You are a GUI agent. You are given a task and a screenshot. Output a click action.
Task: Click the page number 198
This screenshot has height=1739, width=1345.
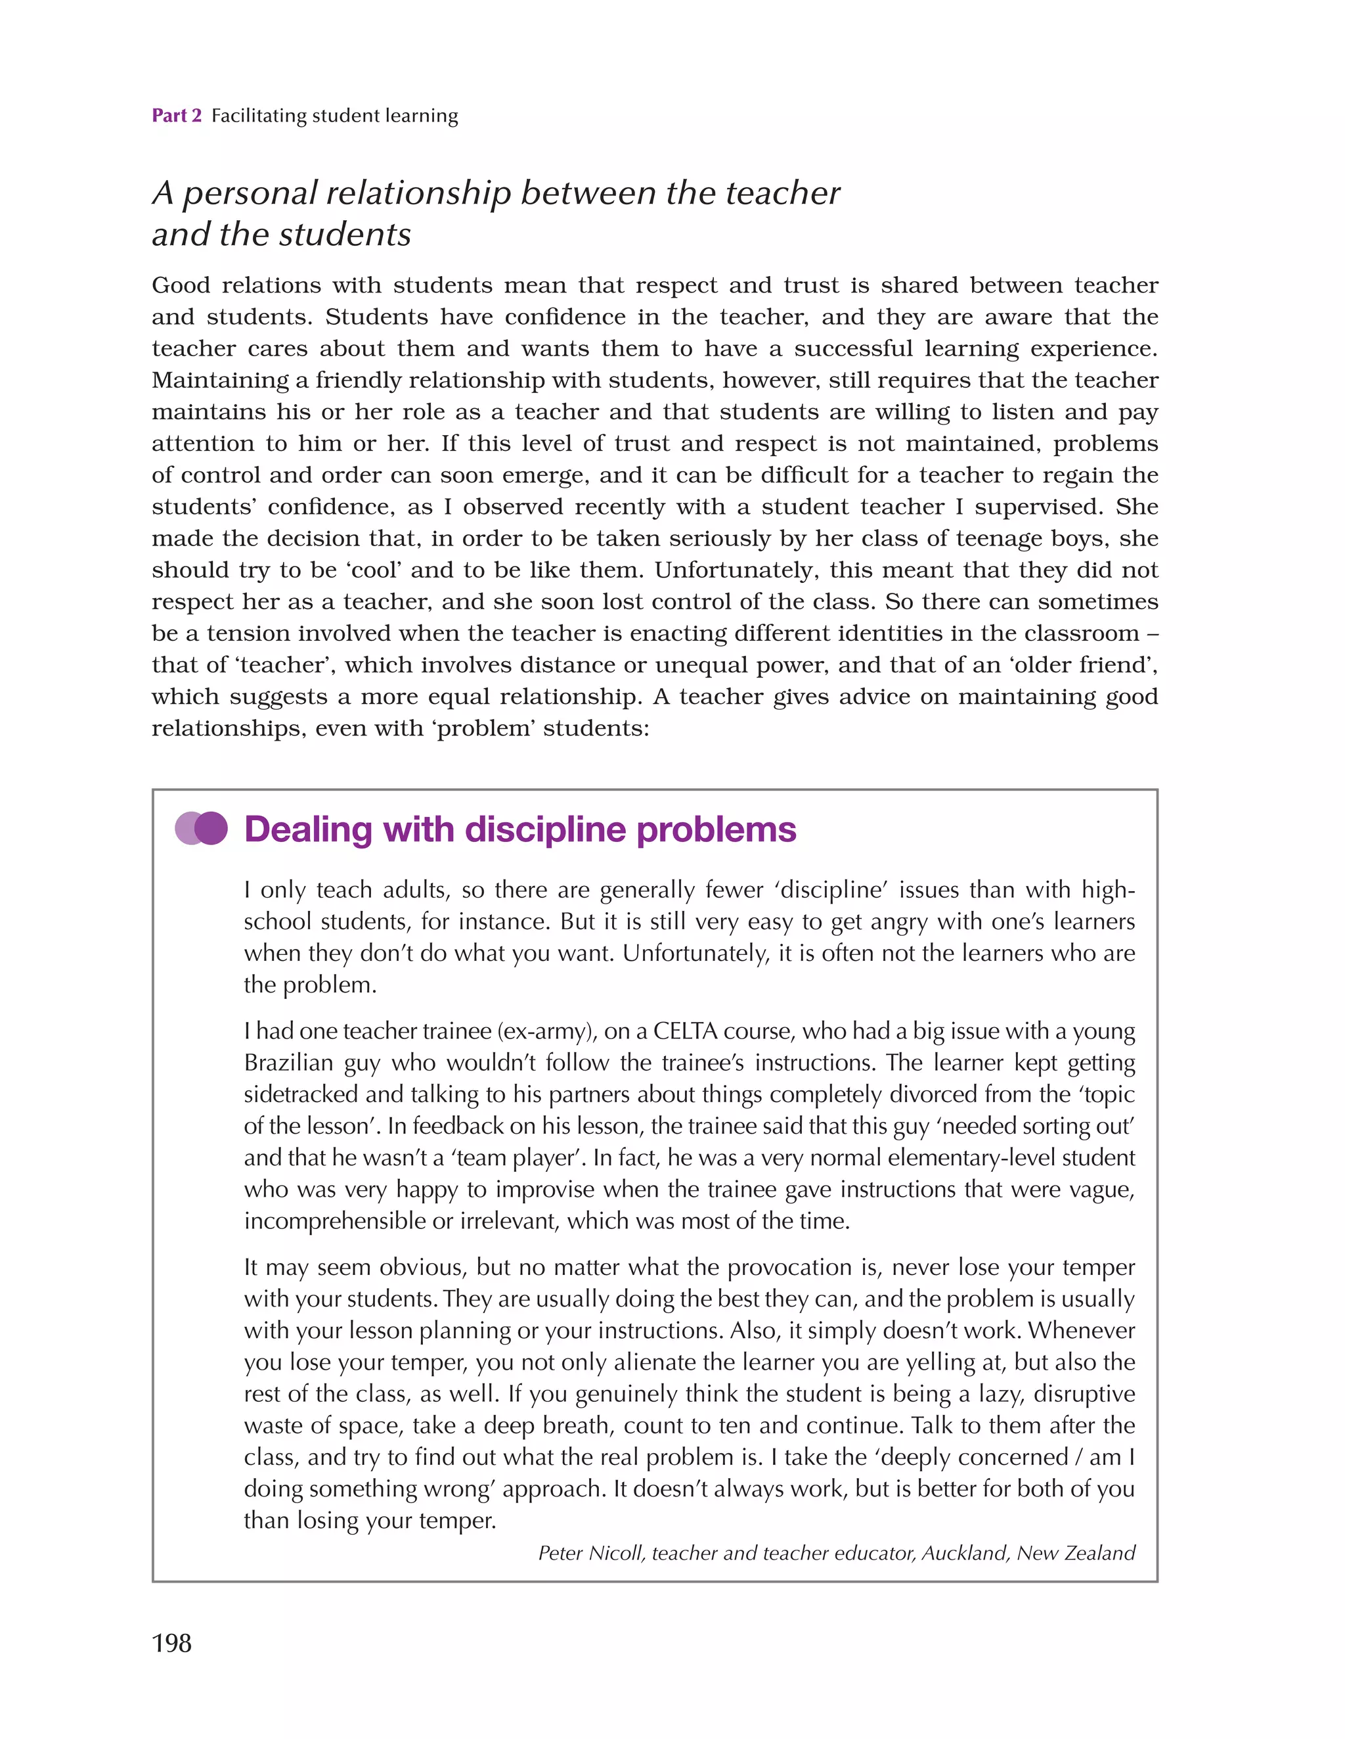pyautogui.click(x=171, y=1642)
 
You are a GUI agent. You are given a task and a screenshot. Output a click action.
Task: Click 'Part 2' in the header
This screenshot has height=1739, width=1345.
pyautogui.click(x=177, y=116)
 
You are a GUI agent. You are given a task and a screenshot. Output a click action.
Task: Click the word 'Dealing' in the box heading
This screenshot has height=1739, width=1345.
pyautogui.click(x=307, y=829)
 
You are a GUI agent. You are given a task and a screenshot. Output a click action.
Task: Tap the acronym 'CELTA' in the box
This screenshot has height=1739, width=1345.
pyautogui.click(x=684, y=1031)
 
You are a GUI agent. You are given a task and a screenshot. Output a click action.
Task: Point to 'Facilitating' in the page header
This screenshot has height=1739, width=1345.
pyautogui.click(x=258, y=116)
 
